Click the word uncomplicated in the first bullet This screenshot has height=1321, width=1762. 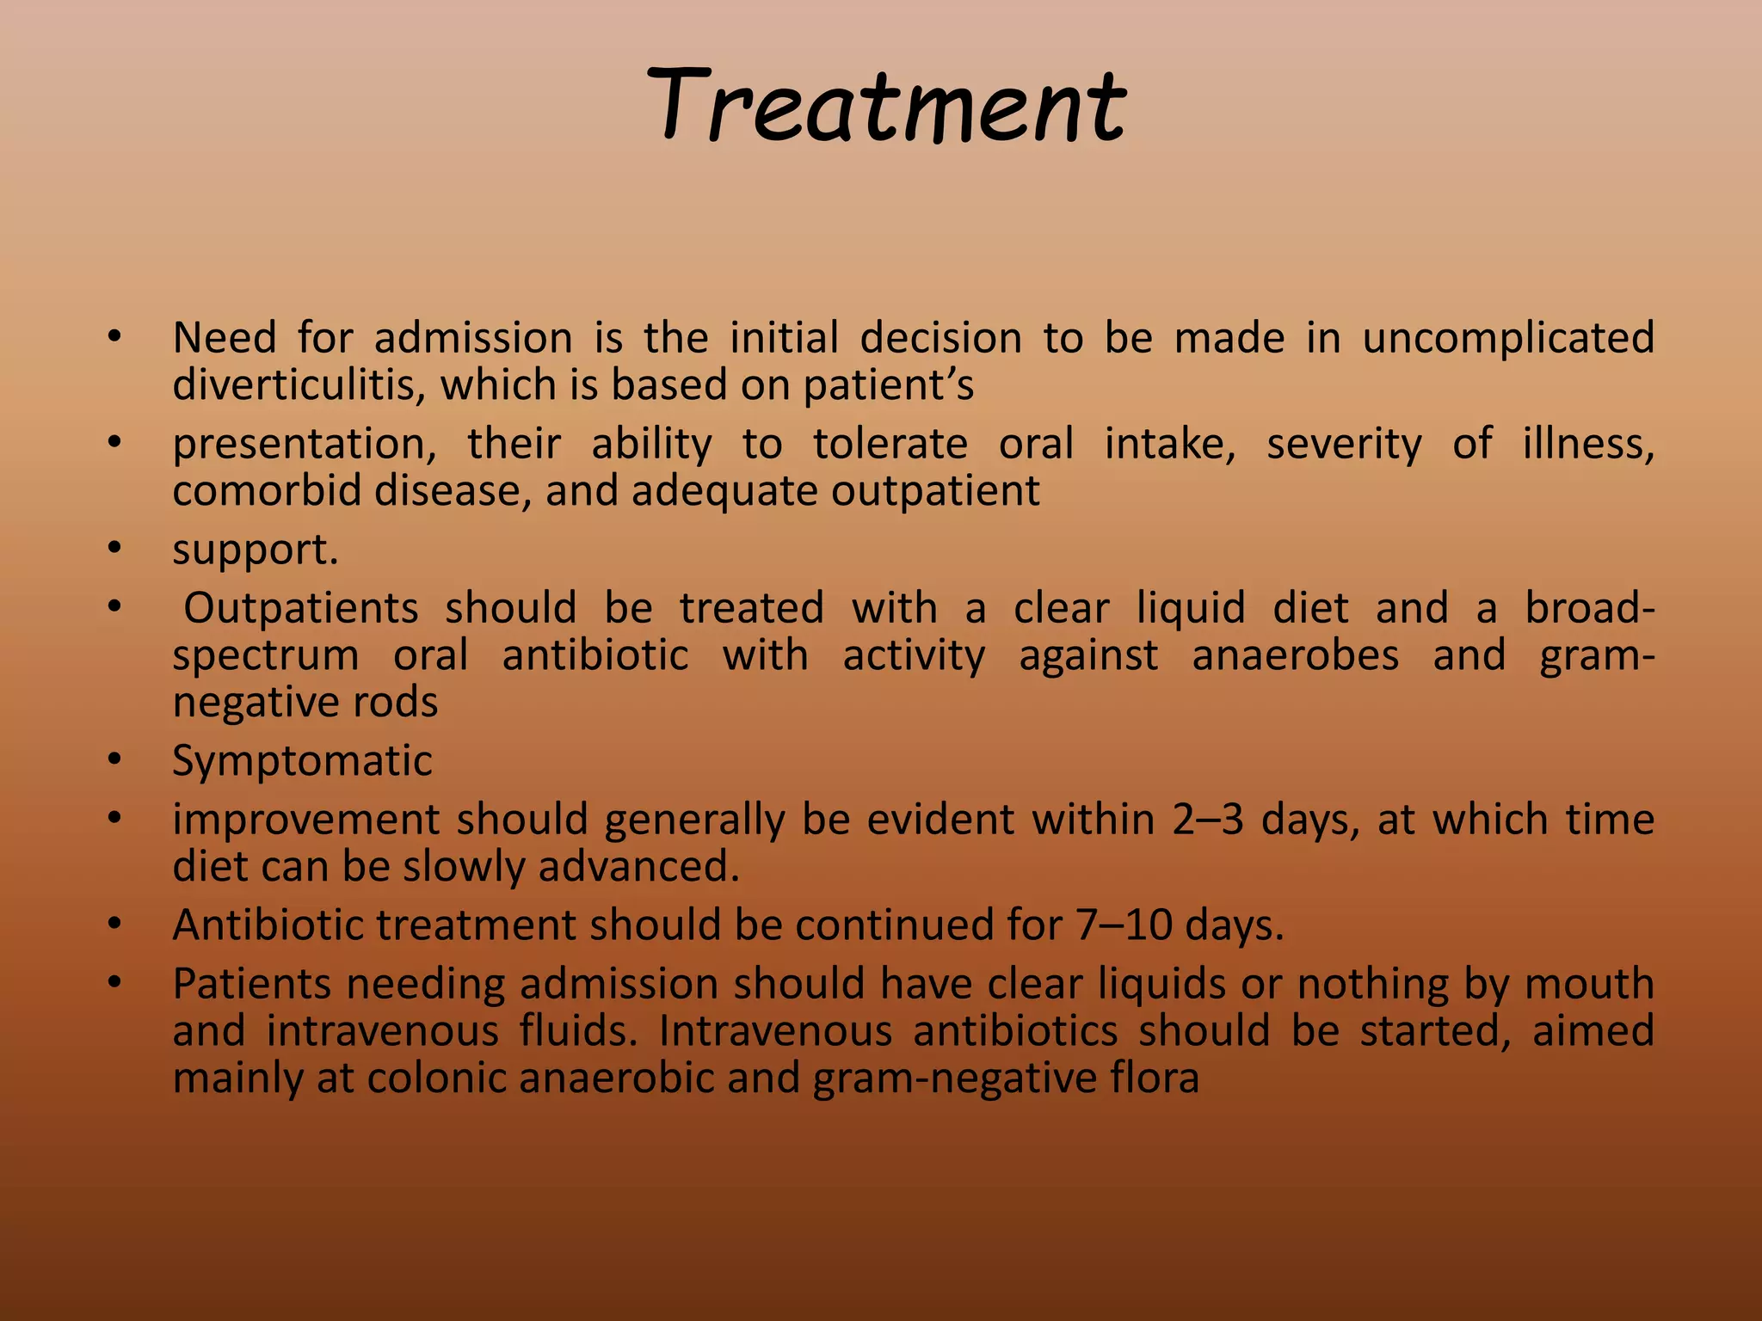(x=1507, y=337)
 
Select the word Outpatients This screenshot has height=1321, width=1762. (x=300, y=608)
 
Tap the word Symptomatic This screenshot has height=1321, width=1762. (x=302, y=761)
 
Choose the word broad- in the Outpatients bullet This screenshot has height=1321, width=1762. (x=1589, y=608)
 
